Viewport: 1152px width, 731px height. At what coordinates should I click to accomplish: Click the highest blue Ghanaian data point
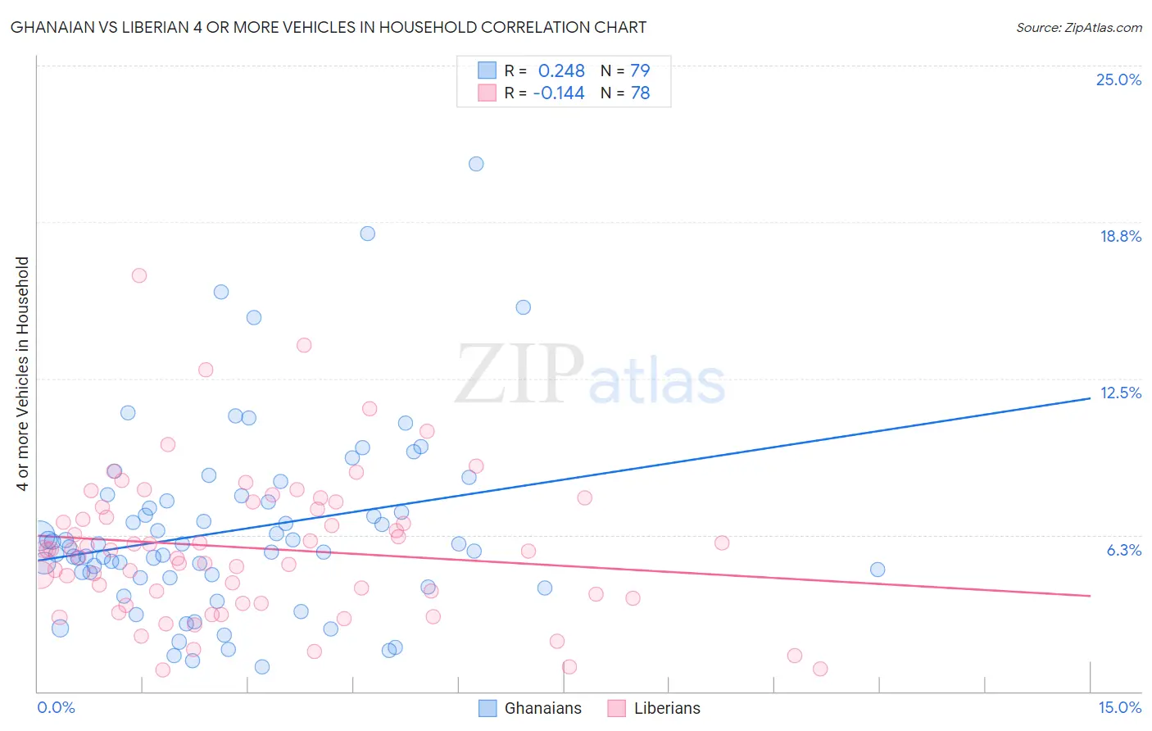(x=476, y=164)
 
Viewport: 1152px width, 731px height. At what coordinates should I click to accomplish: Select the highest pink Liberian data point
(x=139, y=275)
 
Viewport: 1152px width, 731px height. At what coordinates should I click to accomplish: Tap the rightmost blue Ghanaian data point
(x=878, y=570)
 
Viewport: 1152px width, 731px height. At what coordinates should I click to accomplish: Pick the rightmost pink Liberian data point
(x=820, y=669)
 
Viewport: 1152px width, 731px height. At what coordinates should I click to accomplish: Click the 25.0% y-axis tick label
(x=1118, y=79)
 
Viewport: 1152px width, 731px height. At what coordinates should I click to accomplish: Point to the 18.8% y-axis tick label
(x=1120, y=236)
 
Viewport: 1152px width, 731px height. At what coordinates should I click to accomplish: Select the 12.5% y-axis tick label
(x=1120, y=393)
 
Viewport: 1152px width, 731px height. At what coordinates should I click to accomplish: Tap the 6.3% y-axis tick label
(x=1123, y=550)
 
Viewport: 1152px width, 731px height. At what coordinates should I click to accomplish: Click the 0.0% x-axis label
(x=56, y=707)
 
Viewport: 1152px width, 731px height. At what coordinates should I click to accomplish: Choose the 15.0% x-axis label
(x=1119, y=707)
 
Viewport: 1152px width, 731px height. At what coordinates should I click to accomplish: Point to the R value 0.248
(x=561, y=70)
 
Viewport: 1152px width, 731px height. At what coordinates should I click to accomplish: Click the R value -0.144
(x=559, y=93)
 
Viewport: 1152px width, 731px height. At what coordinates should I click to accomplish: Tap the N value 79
(x=640, y=70)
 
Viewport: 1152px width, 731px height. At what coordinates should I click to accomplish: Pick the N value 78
(x=640, y=93)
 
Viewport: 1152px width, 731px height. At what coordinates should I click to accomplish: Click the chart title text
(x=329, y=27)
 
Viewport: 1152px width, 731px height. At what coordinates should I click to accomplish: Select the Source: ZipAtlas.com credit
(x=1078, y=27)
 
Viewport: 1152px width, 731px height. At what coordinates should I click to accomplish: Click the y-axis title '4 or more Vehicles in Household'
(x=23, y=374)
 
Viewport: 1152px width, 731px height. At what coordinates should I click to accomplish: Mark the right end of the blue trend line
(x=1090, y=397)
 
